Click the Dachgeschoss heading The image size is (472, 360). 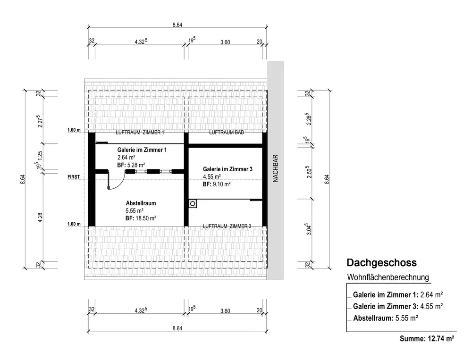coord(381,262)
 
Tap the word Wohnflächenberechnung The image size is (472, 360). coord(388,277)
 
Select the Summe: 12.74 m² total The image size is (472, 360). coord(427,338)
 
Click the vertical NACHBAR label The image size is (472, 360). coord(276,169)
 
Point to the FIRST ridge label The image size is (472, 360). coord(75,177)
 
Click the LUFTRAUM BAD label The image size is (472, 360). coord(227,133)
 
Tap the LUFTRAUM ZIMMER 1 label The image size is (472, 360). coord(140,133)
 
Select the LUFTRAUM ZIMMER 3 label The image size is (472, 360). coord(227,226)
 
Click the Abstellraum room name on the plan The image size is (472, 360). coord(141,203)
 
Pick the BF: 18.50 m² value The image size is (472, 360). coord(141,218)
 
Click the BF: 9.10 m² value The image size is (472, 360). coord(217,184)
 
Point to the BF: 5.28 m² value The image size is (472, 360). coord(131,165)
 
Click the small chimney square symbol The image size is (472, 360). coord(193,204)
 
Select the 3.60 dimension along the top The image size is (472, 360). coord(225,42)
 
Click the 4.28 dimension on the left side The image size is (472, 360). coord(42,218)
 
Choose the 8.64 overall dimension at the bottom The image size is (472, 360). coord(177,328)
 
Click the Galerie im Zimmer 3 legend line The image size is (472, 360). coord(397,306)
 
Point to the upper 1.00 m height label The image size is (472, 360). coord(74,130)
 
